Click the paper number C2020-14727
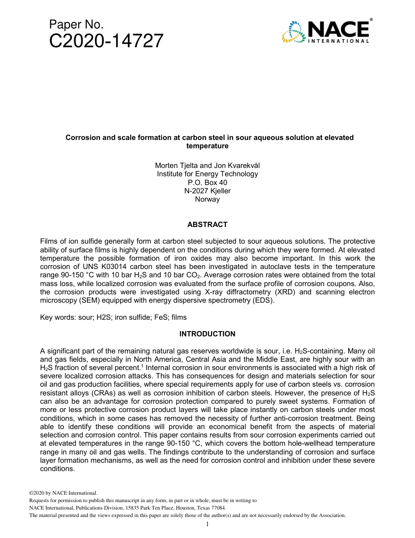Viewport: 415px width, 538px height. (x=106, y=41)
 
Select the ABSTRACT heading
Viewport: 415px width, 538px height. (x=207, y=225)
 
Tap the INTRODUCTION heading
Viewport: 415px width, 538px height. (x=207, y=334)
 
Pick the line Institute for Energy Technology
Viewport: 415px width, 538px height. (x=207, y=174)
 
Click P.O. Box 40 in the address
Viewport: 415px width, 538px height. (x=207, y=182)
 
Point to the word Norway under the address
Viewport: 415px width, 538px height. (x=207, y=199)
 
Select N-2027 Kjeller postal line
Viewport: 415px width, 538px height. (x=207, y=191)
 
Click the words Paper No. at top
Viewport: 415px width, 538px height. (x=76, y=24)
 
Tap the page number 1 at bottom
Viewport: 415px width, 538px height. (x=207, y=524)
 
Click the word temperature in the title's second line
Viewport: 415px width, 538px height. (x=207, y=146)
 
